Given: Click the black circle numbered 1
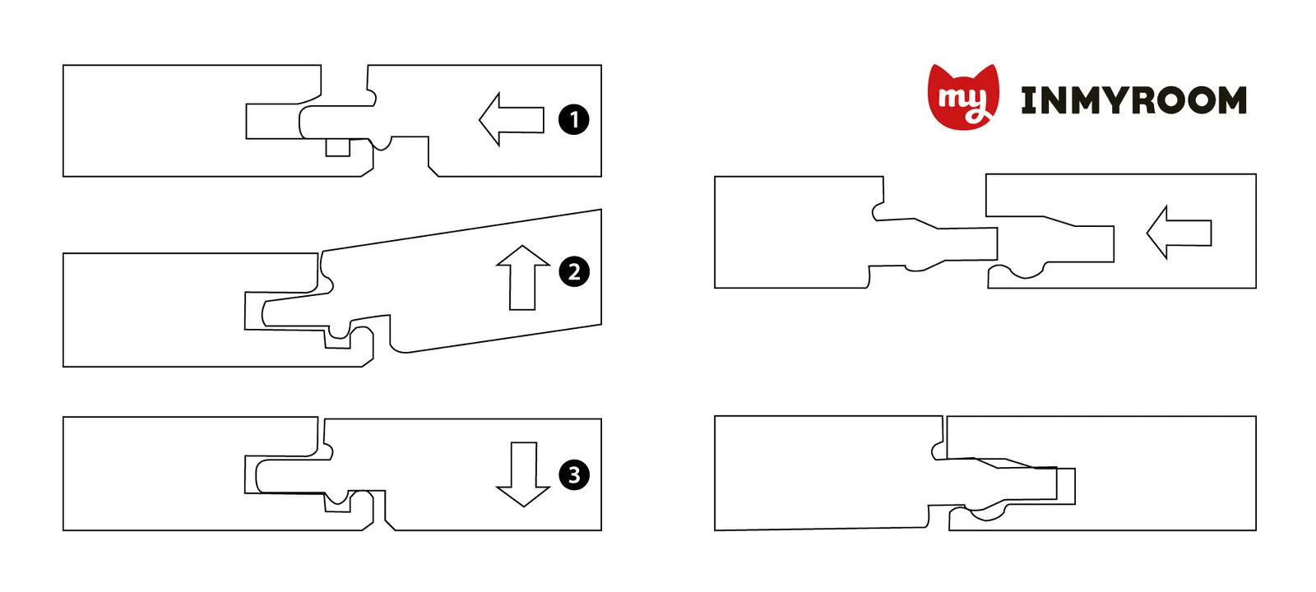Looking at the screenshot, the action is (573, 120).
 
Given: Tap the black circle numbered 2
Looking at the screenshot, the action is (574, 272).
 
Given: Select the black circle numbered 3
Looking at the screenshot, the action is (574, 474).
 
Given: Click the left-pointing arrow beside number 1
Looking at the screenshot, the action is (511, 119).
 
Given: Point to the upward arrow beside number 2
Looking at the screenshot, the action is (522, 278).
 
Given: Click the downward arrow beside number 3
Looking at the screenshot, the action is (523, 474).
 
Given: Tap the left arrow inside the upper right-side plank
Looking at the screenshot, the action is (1179, 233).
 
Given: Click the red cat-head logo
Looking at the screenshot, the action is (963, 97).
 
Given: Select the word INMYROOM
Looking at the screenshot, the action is (1134, 99).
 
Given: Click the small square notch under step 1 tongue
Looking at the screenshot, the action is (338, 147).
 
